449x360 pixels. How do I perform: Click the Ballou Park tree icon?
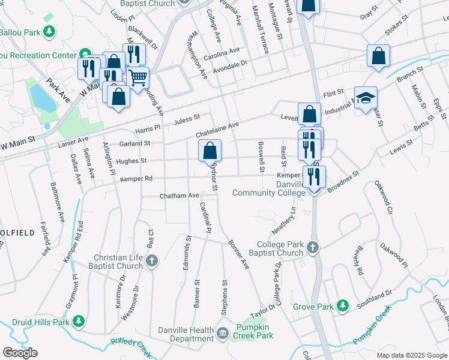[x=50, y=31]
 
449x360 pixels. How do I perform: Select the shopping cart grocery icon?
[x=137, y=77]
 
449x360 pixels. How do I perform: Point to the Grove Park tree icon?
[x=342, y=307]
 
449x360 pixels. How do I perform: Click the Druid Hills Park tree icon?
[x=79, y=322]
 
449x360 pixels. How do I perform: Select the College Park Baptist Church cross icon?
[x=312, y=247]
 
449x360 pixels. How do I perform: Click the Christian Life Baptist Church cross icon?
[x=152, y=260]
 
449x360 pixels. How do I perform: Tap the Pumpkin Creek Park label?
[x=255, y=332]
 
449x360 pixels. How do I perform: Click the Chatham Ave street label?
[x=179, y=196]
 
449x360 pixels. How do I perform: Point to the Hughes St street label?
[x=131, y=161]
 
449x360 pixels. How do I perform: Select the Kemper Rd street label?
[x=136, y=179]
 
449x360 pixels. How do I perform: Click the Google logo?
[x=20, y=353]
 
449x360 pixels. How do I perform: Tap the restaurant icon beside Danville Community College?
[x=314, y=176]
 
